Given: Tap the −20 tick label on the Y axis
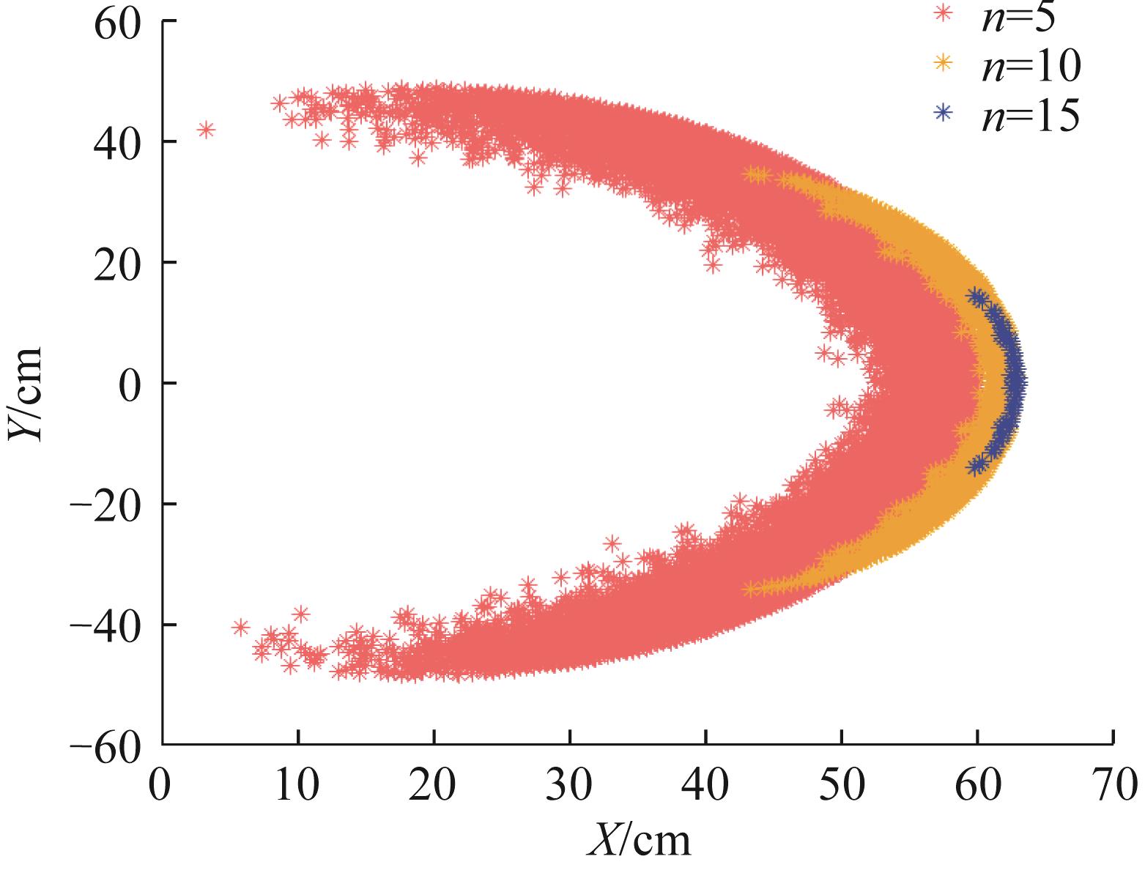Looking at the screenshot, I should click(x=105, y=505).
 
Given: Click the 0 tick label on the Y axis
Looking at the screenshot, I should click(x=132, y=384).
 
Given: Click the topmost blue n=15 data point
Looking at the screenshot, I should click(x=975, y=295).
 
